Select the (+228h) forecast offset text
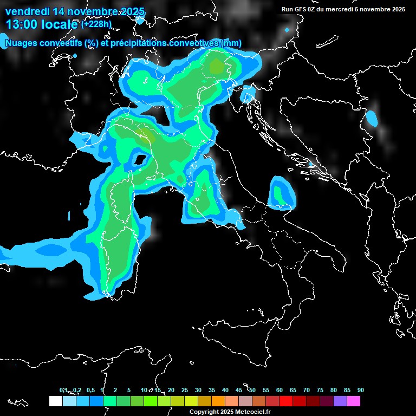coord(97,24)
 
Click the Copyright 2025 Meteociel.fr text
coord(233,412)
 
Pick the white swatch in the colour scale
coord(55,401)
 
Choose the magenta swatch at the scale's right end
coord(354,401)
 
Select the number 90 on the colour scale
coord(361,391)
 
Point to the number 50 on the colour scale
coord(252,391)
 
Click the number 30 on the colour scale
coord(198,391)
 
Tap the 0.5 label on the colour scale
coord(90,391)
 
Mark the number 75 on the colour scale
coord(320,391)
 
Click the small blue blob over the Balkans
coord(372,118)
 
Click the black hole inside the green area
coord(140,160)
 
